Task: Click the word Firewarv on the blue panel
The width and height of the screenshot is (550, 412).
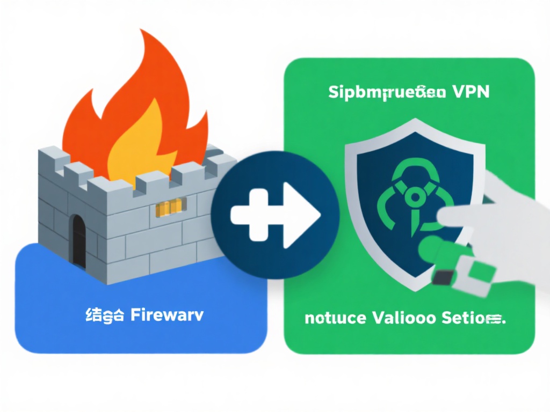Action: (167, 315)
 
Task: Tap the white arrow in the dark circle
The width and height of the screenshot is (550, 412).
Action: (275, 215)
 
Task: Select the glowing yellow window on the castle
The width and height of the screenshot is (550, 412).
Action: (170, 207)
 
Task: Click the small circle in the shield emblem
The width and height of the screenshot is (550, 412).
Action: (414, 199)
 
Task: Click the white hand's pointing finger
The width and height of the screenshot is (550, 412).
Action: (462, 217)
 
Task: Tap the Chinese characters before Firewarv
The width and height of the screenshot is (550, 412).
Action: (105, 315)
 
